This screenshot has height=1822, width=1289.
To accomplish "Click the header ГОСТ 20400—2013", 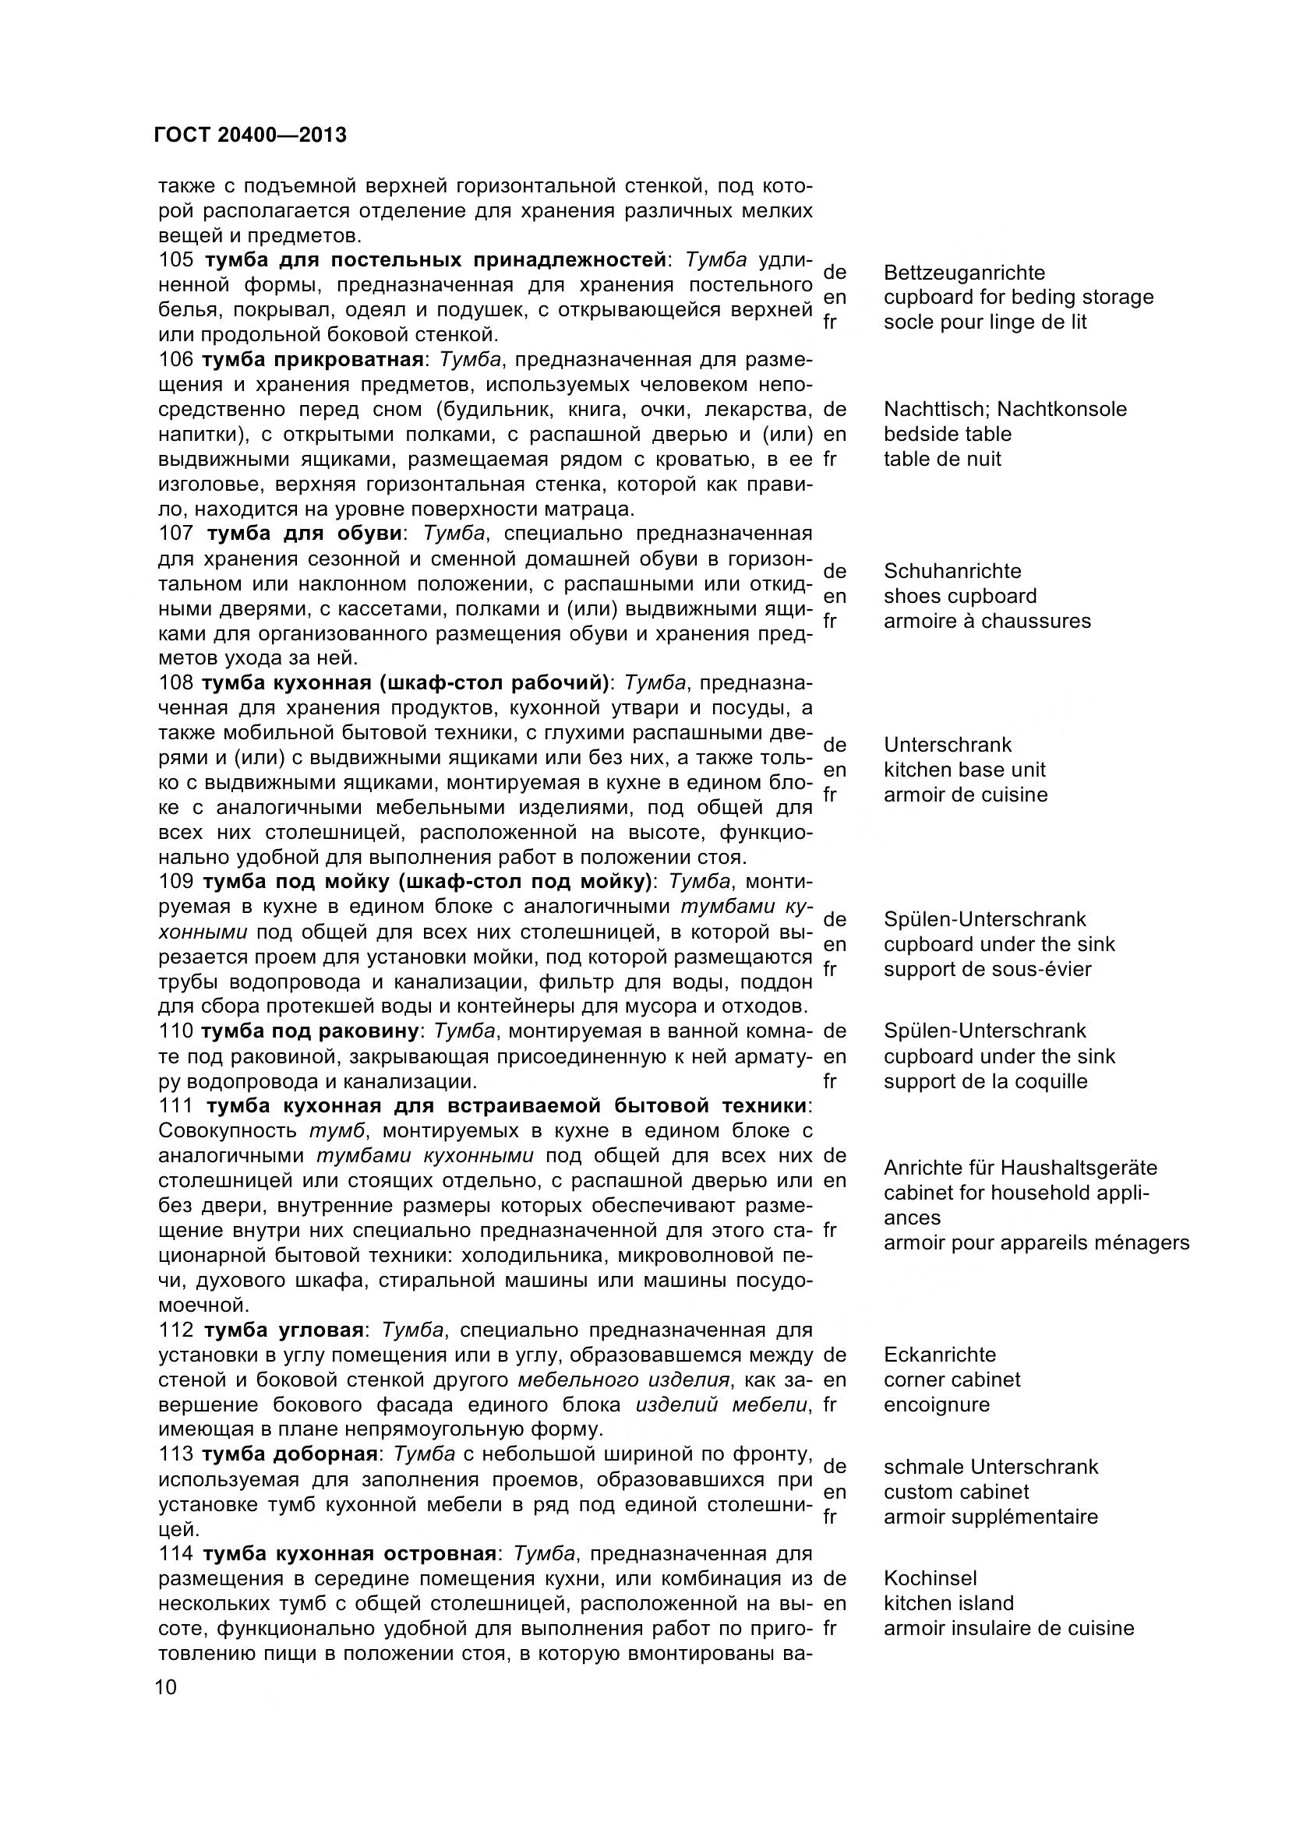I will pos(251,135).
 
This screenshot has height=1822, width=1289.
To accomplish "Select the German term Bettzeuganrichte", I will pos(963,273).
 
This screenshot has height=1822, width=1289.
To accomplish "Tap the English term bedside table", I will pos(947,434).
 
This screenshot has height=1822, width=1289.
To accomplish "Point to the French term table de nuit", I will pos(942,459).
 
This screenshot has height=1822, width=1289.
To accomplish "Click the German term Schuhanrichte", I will pos(952,571).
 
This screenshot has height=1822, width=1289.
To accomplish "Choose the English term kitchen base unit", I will pos(963,770).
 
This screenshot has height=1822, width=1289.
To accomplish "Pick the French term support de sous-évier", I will pos(987,969).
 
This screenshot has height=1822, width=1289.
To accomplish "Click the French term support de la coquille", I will pos(985,1081).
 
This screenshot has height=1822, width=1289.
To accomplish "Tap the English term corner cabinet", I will pos(952,1380).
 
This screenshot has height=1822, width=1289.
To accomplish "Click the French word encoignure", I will pos(937,1404).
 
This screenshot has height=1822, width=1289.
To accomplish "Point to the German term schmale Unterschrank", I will pos(991,1467).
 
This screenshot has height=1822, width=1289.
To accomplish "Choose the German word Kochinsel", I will pos(931,1578).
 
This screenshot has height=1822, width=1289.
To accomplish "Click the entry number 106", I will pos(175,359).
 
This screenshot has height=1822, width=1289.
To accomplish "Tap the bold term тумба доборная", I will pos(289,1454).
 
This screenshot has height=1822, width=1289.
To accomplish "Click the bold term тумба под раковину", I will pos(309,1031).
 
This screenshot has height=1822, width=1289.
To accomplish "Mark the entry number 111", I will pos(176,1105).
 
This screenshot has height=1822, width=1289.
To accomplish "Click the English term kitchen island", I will pos(948,1603).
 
